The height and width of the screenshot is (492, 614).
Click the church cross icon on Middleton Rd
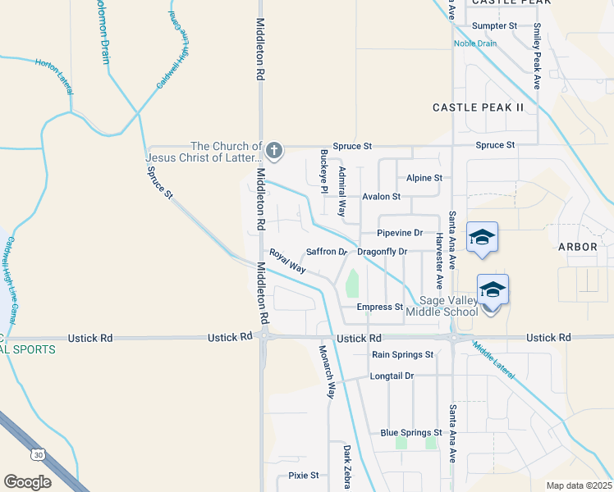[274, 151]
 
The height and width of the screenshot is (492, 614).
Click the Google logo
[27, 482]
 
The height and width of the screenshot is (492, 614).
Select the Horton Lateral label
[54, 74]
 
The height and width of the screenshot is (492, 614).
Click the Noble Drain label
[475, 44]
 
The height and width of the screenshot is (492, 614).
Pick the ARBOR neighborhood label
[580, 246]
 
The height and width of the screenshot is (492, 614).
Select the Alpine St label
[424, 178]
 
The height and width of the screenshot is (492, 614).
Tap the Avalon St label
[381, 197]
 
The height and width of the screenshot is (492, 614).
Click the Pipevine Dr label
[400, 233]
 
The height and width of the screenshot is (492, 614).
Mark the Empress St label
[379, 307]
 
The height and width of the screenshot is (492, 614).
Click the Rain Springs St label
[402, 355]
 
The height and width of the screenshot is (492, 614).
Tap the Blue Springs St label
[411, 433]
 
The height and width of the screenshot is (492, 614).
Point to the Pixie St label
[303, 475]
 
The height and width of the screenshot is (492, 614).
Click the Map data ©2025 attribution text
[580, 485]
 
